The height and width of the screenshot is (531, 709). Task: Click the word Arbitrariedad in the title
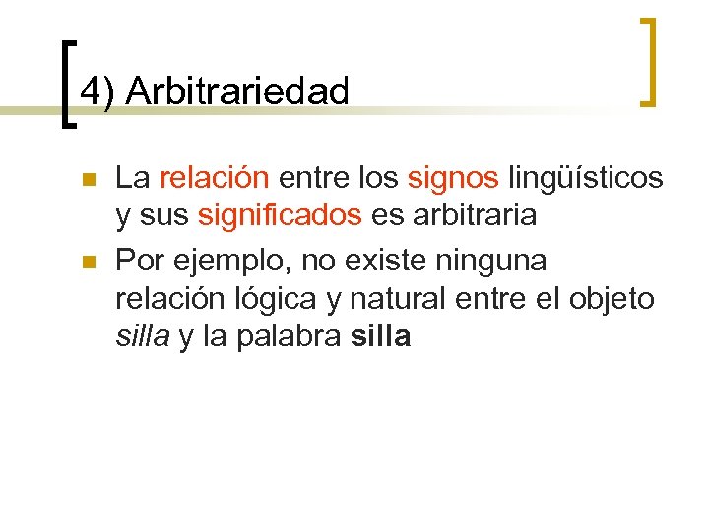pyautogui.click(x=238, y=91)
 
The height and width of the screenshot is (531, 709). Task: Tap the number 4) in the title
pyautogui.click(x=98, y=91)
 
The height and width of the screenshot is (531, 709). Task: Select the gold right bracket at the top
pyautogui.click(x=649, y=61)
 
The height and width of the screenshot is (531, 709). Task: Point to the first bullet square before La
pyautogui.click(x=87, y=180)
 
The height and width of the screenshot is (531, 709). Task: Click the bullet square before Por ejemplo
pyautogui.click(x=87, y=263)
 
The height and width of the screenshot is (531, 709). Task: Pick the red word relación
pyautogui.click(x=214, y=178)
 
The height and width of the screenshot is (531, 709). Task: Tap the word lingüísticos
pyautogui.click(x=585, y=180)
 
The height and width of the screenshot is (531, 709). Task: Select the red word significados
pyautogui.click(x=280, y=216)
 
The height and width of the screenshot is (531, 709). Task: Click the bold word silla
pyautogui.click(x=379, y=337)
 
